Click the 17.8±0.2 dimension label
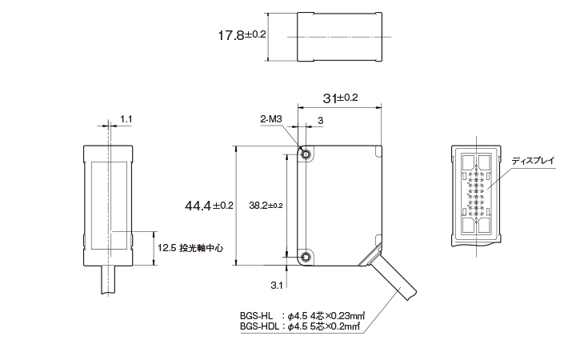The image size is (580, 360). tap(242, 35)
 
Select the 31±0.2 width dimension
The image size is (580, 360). tap(340, 98)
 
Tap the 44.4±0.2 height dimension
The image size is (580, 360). tap(209, 206)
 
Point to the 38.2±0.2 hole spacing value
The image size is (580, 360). tap(266, 206)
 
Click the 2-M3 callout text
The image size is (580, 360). tap(270, 118)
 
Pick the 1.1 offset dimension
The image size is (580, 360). tap(126, 118)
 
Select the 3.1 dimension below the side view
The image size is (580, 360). tap(277, 286)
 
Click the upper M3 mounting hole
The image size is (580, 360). tap(306, 154)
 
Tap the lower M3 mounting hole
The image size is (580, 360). tap(306, 256)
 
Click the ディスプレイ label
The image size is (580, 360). tap(533, 161)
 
